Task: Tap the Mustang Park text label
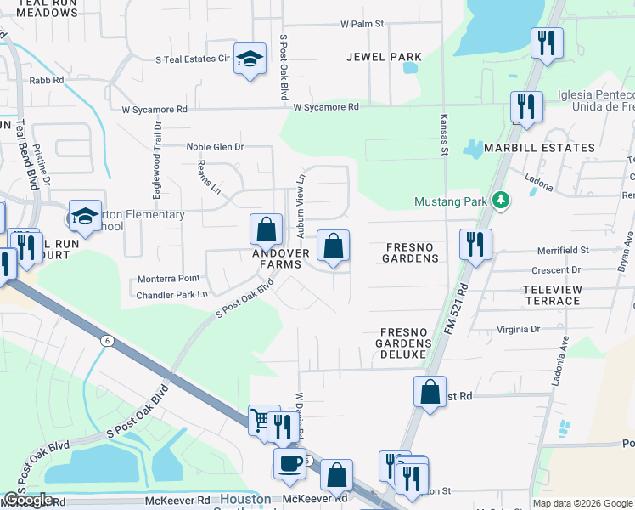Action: click(452, 202)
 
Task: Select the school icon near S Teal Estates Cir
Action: click(249, 59)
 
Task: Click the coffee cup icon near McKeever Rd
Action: click(289, 463)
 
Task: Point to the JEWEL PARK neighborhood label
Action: click(384, 57)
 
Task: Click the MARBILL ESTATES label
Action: click(539, 148)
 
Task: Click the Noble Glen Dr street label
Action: click(215, 147)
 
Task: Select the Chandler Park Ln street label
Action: click(172, 295)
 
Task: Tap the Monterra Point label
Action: click(168, 279)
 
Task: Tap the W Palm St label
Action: click(362, 25)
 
